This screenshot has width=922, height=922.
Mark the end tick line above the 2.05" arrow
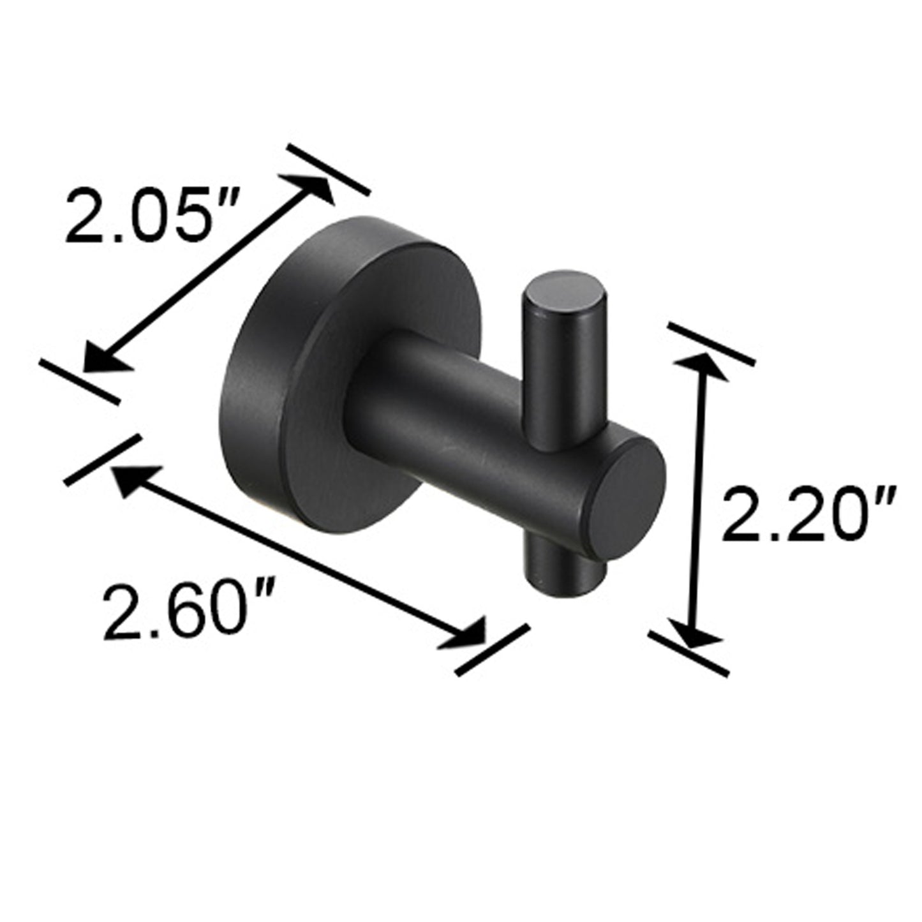(x=328, y=170)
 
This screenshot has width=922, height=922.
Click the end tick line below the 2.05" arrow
(x=79, y=381)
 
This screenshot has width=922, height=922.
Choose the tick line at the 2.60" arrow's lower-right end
(x=493, y=649)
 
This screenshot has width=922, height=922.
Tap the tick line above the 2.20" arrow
(x=711, y=344)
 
